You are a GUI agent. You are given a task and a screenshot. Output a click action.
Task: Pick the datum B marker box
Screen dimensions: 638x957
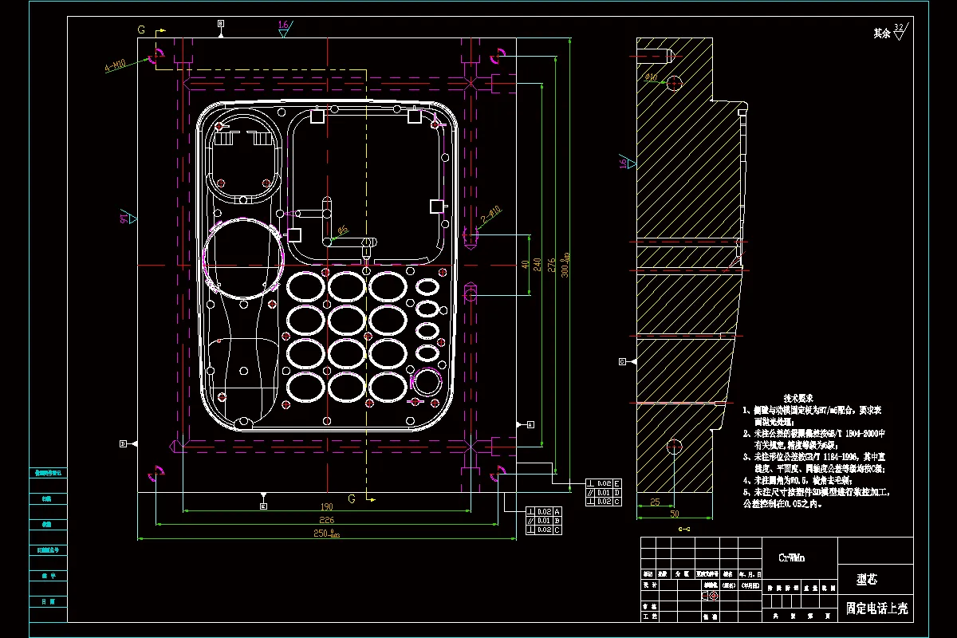click(x=221, y=25)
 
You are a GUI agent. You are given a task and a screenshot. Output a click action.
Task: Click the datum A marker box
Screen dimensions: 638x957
click(x=530, y=424)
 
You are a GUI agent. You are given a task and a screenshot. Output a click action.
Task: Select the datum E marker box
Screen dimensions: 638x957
click(x=264, y=506)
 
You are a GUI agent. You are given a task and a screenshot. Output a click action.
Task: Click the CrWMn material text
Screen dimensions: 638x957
click(x=791, y=558)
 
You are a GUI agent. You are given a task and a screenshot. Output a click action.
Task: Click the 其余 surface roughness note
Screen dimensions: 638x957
click(x=881, y=33)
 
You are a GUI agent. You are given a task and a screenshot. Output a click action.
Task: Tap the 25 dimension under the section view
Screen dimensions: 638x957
click(x=655, y=502)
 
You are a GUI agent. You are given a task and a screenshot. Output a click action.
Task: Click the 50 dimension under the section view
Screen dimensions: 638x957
click(x=674, y=514)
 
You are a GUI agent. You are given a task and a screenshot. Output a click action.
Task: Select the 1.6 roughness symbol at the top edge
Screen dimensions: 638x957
click(x=284, y=26)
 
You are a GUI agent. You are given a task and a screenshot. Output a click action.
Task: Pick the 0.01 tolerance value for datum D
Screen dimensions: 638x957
click(x=603, y=492)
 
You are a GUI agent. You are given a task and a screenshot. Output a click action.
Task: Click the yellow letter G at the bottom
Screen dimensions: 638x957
click(x=351, y=499)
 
